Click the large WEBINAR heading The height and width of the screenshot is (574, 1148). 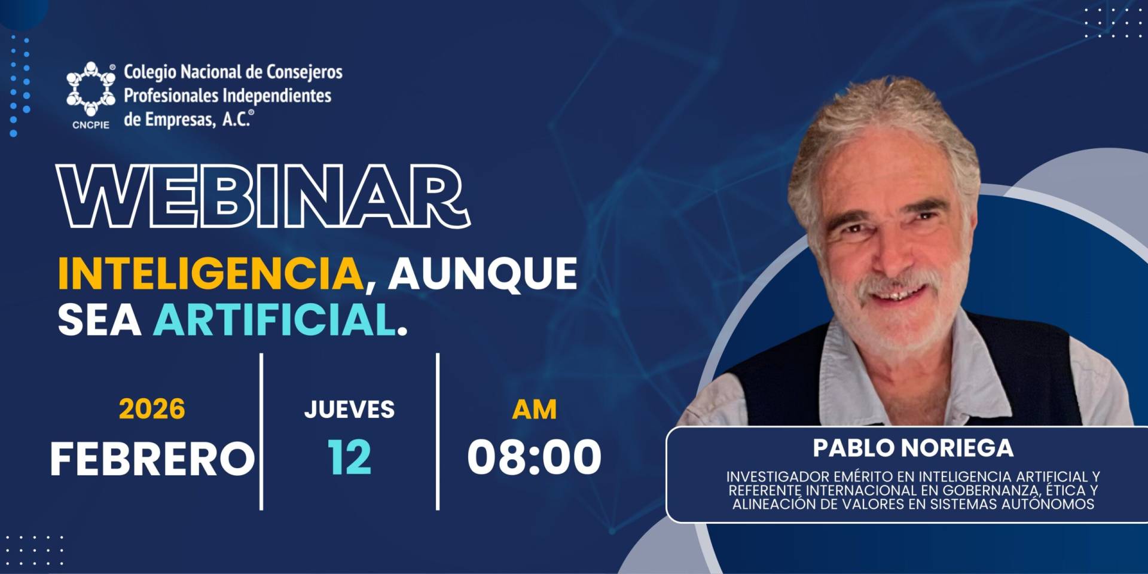[263, 196]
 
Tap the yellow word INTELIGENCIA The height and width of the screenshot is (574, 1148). [210, 274]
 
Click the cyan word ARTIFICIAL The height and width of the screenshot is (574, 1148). [275, 320]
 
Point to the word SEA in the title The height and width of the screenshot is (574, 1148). [99, 320]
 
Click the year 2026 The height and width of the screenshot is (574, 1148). [152, 409]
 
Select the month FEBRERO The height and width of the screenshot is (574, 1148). [152, 459]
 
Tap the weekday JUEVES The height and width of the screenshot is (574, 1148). [349, 410]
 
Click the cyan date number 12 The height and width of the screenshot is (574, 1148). [349, 457]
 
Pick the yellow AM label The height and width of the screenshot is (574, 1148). [534, 410]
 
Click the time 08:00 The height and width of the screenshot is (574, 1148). [534, 457]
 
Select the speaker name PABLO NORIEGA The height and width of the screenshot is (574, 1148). [913, 448]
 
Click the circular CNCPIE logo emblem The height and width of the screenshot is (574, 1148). [91, 88]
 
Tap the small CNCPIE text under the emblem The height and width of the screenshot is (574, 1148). [91, 125]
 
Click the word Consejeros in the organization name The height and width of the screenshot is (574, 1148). [304, 72]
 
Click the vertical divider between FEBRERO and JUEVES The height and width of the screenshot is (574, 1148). [261, 432]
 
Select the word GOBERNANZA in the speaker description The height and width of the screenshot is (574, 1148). [986, 490]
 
